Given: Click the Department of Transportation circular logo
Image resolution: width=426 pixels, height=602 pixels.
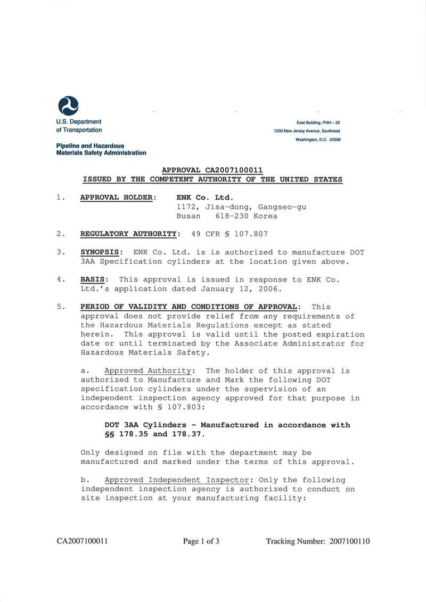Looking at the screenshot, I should (x=68, y=105).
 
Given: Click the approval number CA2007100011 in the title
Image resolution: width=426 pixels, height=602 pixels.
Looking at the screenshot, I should (x=234, y=170).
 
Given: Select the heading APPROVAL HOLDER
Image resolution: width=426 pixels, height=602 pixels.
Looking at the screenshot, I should (x=118, y=197).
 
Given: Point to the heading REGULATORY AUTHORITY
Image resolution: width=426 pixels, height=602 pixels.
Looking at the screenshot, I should (x=128, y=234).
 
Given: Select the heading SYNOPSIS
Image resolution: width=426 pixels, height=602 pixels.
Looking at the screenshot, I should (x=102, y=252).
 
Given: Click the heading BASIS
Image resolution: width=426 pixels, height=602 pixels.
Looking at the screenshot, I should (x=95, y=279).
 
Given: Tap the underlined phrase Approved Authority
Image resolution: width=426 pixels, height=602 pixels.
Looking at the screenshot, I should (x=148, y=370).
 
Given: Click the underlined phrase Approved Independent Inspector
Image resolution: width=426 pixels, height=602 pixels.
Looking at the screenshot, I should (x=176, y=480).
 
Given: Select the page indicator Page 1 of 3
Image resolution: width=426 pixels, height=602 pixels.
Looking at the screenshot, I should (x=201, y=541).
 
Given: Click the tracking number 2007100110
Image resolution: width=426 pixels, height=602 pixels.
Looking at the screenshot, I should (x=349, y=541).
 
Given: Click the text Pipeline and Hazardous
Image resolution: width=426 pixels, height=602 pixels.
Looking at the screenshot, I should (x=90, y=146).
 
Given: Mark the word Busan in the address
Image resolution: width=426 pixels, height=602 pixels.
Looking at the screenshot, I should (x=189, y=216).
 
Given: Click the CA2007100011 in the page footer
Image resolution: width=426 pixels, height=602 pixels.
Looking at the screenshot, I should (x=83, y=541).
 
